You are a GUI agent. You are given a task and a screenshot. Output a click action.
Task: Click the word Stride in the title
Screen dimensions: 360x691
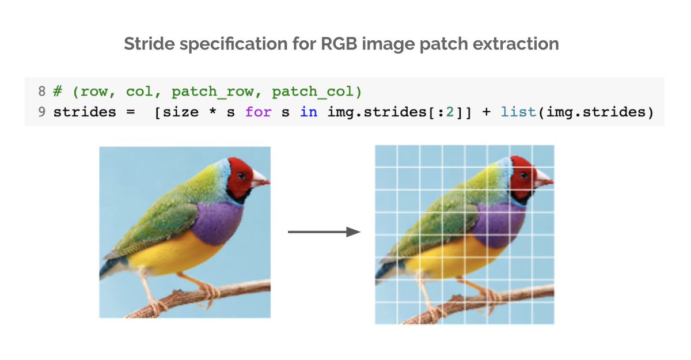point(147,44)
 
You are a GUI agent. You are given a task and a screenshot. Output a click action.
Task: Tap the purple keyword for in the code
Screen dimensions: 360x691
point(257,112)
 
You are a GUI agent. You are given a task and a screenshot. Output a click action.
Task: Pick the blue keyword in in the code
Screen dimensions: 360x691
point(308,112)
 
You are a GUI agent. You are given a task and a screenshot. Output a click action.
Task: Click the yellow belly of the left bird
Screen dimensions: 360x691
point(173,252)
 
